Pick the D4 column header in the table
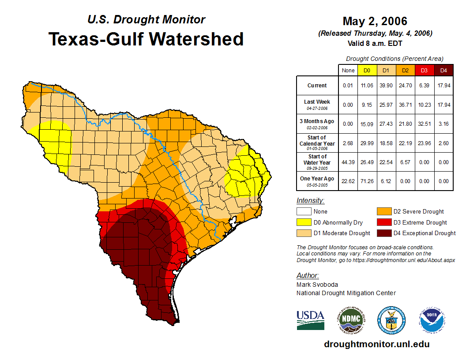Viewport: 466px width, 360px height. point(443,70)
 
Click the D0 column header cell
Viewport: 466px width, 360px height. point(367,70)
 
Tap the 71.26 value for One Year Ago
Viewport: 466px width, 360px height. point(367,181)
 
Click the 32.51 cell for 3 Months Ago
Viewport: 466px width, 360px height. point(425,124)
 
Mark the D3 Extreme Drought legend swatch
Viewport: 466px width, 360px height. point(383,222)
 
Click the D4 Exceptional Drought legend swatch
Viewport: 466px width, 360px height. point(383,233)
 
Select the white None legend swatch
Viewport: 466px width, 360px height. point(304,212)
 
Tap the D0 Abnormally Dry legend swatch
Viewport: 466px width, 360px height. point(304,222)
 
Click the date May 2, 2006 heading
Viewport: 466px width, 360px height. point(375,21)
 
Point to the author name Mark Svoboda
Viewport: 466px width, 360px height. point(317,285)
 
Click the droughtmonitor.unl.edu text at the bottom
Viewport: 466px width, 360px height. point(376,344)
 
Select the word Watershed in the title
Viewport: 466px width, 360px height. point(196,39)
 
